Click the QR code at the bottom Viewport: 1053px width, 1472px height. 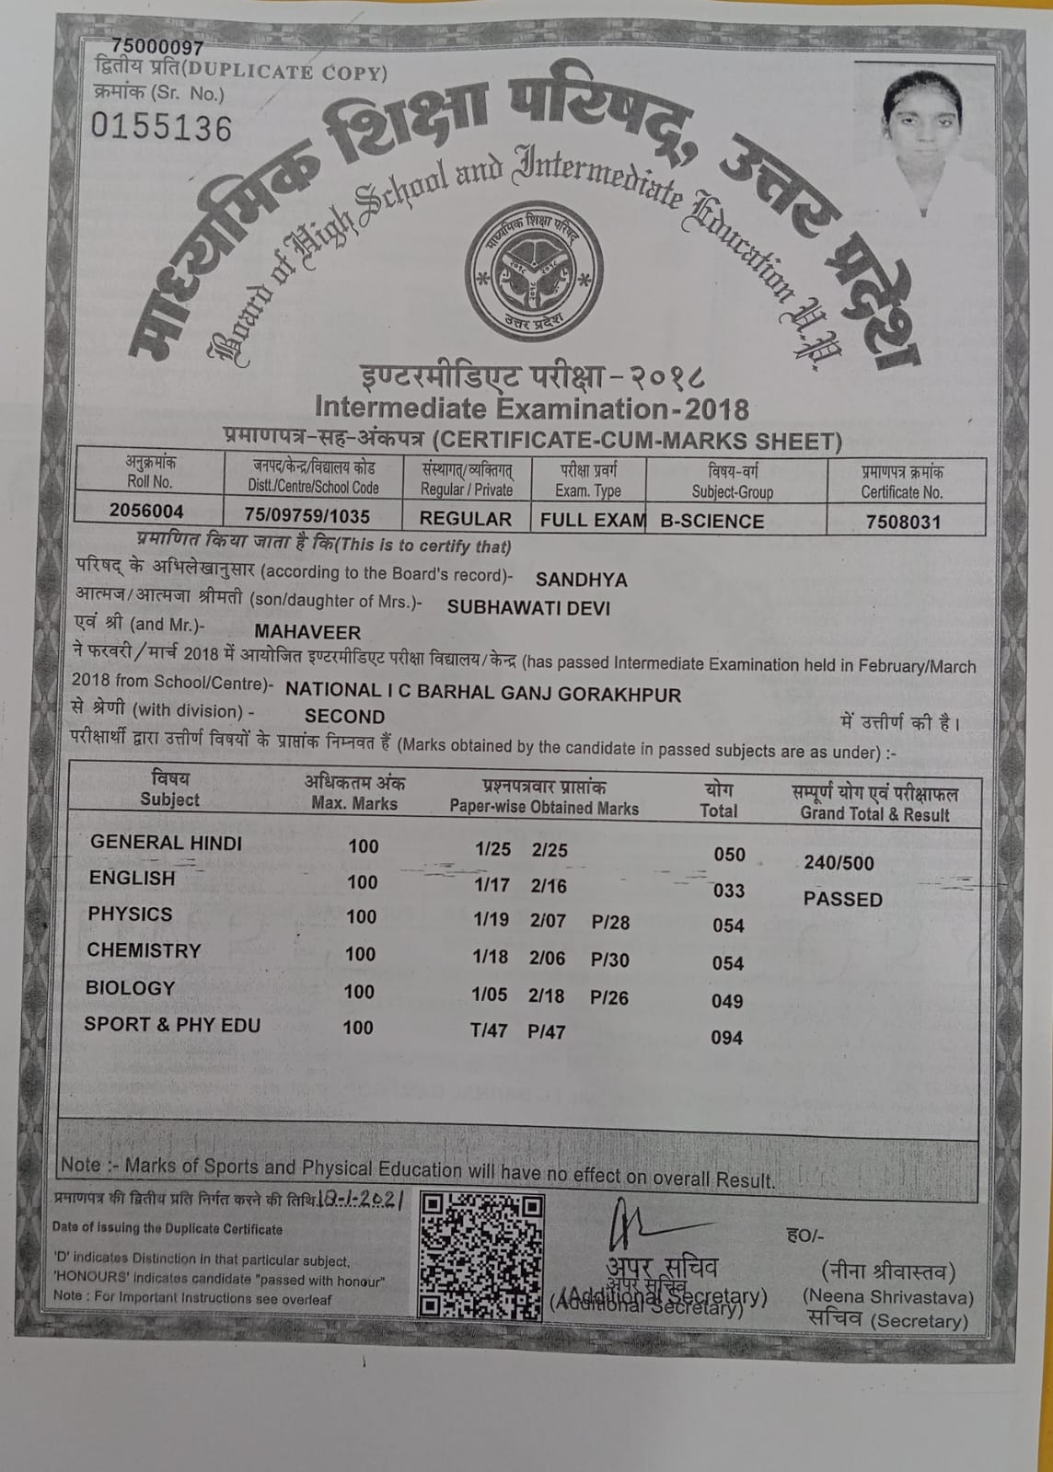(480, 1255)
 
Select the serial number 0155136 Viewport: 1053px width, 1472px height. (162, 127)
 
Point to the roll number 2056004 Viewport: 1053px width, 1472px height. (146, 512)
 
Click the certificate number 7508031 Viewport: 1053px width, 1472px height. (904, 522)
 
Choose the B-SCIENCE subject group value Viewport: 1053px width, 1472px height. (712, 521)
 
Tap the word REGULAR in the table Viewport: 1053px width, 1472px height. (466, 519)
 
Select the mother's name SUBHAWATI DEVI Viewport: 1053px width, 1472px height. (528, 608)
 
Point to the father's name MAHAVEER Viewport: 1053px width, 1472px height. (307, 632)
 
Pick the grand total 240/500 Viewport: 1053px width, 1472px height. (839, 863)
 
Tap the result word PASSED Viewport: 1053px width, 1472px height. (842, 899)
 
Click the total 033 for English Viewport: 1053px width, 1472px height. (729, 891)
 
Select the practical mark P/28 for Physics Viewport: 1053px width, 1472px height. (611, 922)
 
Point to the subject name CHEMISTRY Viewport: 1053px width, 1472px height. (144, 950)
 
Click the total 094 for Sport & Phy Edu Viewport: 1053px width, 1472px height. (727, 1038)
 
